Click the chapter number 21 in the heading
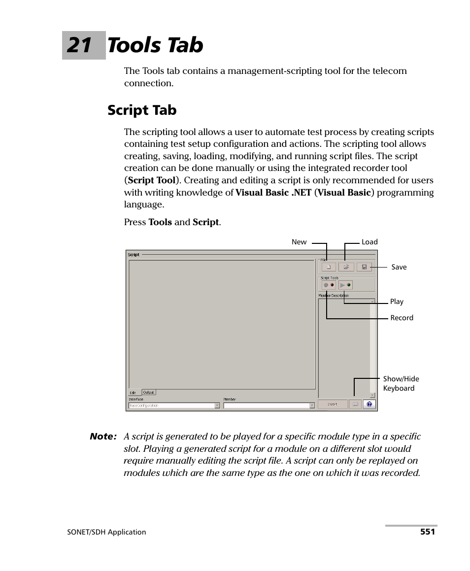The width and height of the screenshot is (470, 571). click(80, 45)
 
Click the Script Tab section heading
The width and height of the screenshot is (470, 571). click(142, 110)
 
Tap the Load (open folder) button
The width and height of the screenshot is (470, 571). click(346, 267)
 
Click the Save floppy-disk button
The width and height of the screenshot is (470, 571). click(364, 267)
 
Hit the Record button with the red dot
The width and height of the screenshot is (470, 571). click(328, 285)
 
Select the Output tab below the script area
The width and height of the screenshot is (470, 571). click(148, 392)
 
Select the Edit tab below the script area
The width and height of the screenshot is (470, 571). click(133, 393)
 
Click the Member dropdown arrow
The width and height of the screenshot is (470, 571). click(312, 405)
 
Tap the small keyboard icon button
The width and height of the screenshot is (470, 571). click(355, 404)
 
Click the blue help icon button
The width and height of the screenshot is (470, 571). click(369, 404)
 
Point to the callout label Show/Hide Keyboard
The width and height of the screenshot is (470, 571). click(401, 383)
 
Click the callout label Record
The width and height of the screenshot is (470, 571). click(402, 318)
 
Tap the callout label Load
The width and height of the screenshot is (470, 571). click(369, 242)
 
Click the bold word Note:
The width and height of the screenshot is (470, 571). click(103, 437)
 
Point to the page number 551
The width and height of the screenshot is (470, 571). click(427, 532)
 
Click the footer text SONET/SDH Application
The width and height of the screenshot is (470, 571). click(106, 532)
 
